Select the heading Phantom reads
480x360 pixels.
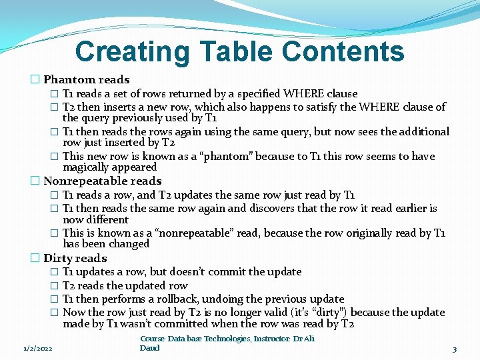[x=87, y=80]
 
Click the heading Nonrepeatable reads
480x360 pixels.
[x=102, y=181]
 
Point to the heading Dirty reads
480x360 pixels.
[x=75, y=258]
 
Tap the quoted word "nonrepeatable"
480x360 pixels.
[x=213, y=233]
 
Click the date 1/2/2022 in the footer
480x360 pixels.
[x=38, y=349]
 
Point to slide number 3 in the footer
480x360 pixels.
[x=454, y=349]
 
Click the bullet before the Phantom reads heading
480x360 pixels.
[x=35, y=80]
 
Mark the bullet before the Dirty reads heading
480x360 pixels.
[x=35, y=258]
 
